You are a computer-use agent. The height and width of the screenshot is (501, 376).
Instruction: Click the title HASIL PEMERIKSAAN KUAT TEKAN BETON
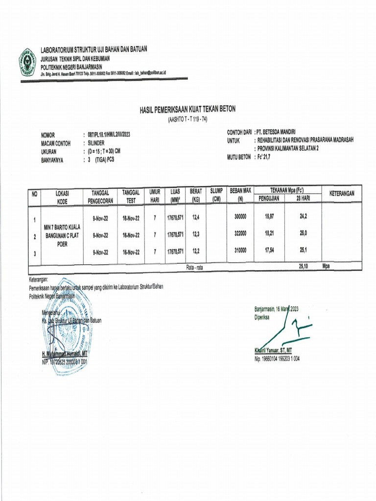[188, 110]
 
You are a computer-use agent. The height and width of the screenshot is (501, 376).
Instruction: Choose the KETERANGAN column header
[342, 194]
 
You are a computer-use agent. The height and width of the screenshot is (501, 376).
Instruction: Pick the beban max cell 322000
[240, 235]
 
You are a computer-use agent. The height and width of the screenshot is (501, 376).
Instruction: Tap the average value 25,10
[305, 267]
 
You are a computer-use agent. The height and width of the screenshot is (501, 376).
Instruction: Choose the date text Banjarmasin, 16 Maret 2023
[276, 309]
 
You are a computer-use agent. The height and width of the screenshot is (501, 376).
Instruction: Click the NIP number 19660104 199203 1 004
[277, 359]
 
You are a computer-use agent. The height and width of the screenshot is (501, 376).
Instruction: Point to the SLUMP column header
[216, 194]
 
